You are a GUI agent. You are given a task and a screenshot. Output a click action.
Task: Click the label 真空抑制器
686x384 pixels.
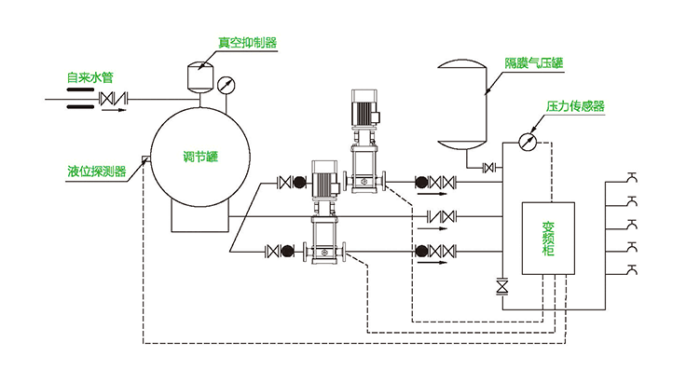247,42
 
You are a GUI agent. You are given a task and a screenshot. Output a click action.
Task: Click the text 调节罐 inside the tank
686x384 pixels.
199,158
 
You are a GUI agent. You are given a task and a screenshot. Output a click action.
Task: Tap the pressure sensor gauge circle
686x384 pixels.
528,141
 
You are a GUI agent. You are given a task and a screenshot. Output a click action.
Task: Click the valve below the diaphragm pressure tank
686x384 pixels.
487,168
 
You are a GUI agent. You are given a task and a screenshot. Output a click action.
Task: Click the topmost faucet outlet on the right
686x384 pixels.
633,176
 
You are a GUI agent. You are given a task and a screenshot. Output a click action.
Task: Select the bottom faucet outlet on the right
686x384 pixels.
633,269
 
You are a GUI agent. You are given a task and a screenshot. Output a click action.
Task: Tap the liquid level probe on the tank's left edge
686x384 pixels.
145,164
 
